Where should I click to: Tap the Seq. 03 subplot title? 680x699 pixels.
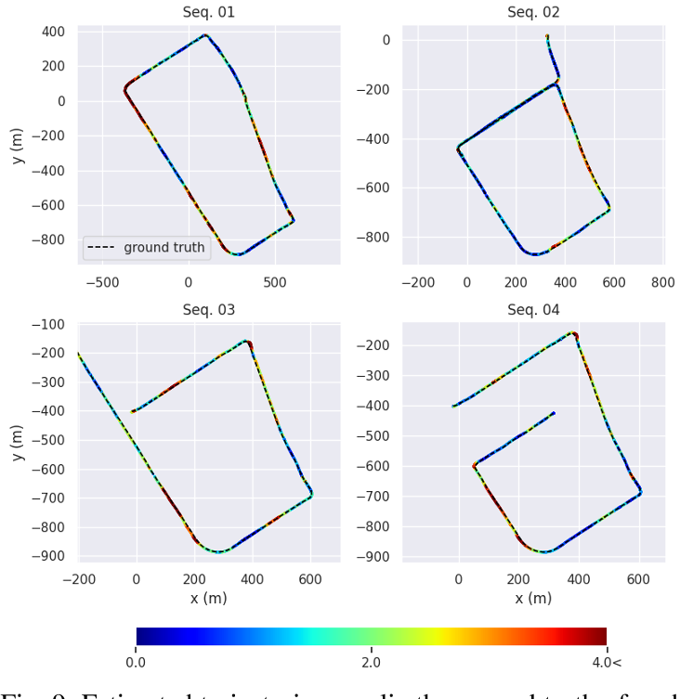(x=208, y=309)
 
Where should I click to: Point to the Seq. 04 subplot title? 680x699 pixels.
(x=533, y=309)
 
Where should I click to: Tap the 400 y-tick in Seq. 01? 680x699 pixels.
(x=53, y=32)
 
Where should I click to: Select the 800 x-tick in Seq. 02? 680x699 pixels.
(x=662, y=282)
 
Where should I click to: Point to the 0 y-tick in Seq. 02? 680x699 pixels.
(x=383, y=40)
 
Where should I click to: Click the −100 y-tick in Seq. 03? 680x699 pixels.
(x=48, y=324)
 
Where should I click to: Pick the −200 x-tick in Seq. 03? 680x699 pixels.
(x=79, y=579)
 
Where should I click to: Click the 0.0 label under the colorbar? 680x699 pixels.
(x=136, y=663)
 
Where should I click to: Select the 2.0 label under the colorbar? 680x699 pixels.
(x=371, y=663)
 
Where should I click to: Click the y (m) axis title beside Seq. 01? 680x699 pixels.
(x=17, y=145)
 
